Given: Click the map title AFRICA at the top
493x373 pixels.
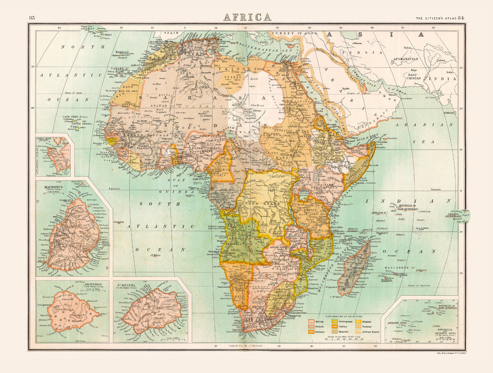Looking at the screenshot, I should pyautogui.click(x=247, y=17).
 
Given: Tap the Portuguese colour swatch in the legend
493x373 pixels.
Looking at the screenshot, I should pyautogui.click(x=334, y=321).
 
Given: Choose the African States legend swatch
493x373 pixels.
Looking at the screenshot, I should pyautogui.click(x=357, y=332).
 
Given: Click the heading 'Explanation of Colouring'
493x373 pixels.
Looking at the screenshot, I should pyautogui.click(x=343, y=316).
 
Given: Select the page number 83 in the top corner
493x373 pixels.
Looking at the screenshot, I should pyautogui.click(x=32, y=18).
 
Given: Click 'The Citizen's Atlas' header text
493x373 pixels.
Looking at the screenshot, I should pyautogui.click(x=436, y=18).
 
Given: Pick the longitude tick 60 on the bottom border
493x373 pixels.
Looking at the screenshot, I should pyautogui.click(x=375, y=346).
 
